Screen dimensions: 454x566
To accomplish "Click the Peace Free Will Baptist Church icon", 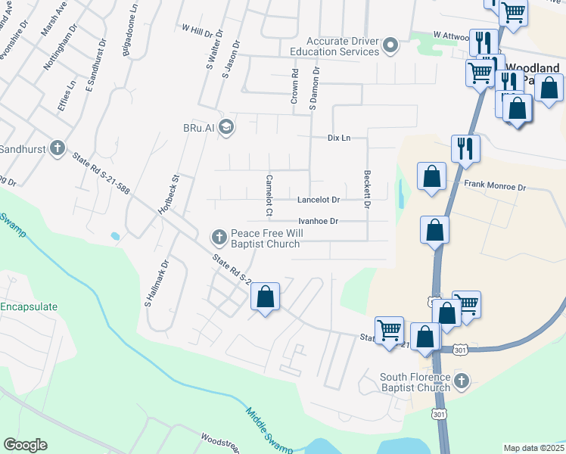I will pos(219,238).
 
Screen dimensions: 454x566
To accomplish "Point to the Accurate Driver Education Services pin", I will pos(390,46).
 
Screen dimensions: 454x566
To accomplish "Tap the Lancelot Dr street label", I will pos(318,200).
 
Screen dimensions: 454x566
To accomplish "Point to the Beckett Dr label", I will pos(367,189).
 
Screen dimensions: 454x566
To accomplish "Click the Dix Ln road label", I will pos(339,138).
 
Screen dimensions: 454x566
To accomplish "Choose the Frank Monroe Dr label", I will pos(495,185).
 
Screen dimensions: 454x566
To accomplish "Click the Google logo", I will pos(25,445).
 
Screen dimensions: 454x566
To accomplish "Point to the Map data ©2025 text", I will pos(533,448).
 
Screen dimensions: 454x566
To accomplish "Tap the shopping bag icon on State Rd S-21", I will pos(266,297).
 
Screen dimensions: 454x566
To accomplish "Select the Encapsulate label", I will pos(28,307).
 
